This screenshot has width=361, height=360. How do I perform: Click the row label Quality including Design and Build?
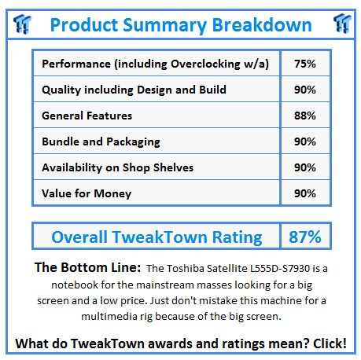tap(134, 90)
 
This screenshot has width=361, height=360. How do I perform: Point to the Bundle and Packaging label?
tap(101, 141)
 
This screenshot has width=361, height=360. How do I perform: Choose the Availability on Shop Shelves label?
tap(117, 167)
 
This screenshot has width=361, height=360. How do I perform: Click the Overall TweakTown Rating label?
tap(157, 237)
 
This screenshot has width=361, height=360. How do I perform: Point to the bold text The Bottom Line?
tap(85, 268)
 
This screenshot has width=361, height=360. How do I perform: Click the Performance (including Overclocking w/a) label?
tap(155, 64)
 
